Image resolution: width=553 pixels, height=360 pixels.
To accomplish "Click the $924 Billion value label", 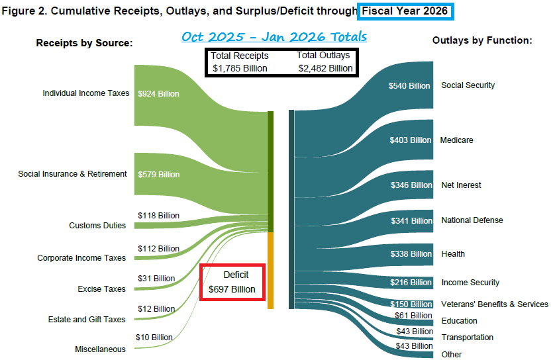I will pyautogui.click(x=158, y=94).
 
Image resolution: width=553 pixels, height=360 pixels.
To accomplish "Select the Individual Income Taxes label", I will pyautogui.click(x=86, y=93).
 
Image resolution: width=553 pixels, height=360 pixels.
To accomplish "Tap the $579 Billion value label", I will pyautogui.click(x=158, y=175).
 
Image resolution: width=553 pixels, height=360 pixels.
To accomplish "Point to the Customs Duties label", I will pyautogui.click(x=97, y=226).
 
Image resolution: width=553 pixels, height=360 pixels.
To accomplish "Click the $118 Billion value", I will pyautogui.click(x=158, y=216).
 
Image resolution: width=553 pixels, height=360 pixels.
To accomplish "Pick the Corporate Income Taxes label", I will pyautogui.click(x=81, y=258).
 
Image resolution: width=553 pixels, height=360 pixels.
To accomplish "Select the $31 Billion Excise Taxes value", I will pyautogui.click(x=156, y=279).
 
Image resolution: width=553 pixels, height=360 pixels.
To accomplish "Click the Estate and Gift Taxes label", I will pyautogui.click(x=87, y=320).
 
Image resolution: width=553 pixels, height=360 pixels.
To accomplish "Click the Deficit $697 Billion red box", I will pyautogui.click(x=232, y=282).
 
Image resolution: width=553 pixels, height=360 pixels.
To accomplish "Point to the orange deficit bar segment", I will pyautogui.click(x=270, y=270).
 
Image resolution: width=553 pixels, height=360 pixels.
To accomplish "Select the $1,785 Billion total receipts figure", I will pyautogui.click(x=240, y=68).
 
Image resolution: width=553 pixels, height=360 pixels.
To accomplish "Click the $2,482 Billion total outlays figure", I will pyautogui.click(x=325, y=68).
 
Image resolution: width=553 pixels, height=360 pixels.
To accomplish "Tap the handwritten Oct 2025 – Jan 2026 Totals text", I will pyautogui.click(x=274, y=36).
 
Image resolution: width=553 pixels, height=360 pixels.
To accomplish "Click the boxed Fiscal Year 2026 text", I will pyautogui.click(x=405, y=11).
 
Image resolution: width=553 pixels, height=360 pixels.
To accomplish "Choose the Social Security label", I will pyautogui.click(x=468, y=85).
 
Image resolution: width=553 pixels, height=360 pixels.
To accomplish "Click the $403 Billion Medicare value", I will pyautogui.click(x=411, y=140).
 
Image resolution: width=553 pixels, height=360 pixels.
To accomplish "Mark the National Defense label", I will pyautogui.click(x=472, y=220).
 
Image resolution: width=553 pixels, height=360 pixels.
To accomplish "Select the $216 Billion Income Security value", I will pyautogui.click(x=411, y=283).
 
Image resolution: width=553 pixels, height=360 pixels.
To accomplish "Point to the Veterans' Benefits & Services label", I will pyautogui.click(x=495, y=304).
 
